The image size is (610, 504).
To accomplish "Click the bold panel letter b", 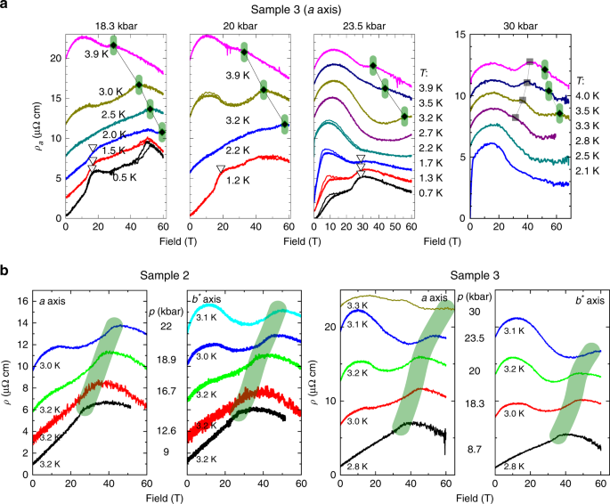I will [x=5, y=264].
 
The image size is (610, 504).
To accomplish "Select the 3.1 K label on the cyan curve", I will [x=202, y=318].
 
